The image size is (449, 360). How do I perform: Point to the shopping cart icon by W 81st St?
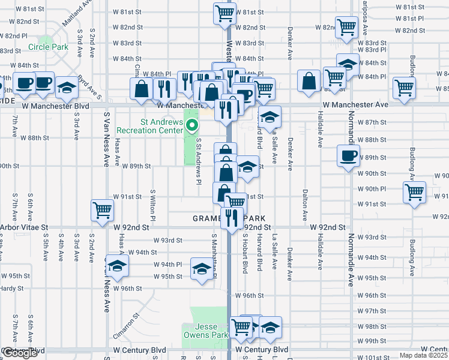click(224, 13)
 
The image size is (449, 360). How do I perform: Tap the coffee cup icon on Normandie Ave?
click(348, 156)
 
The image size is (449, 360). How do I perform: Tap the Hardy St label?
click(11, 288)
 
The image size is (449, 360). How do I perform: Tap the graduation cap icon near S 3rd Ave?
click(67, 88)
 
